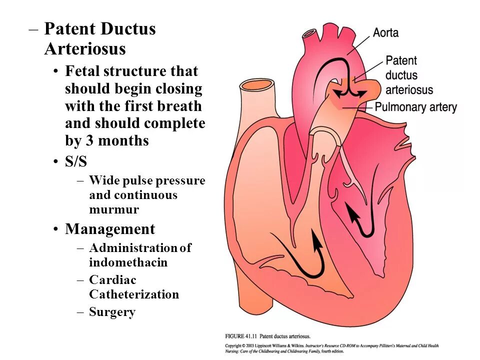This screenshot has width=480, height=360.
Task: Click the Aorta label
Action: click(x=386, y=33)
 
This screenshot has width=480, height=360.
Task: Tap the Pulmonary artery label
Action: click(x=415, y=107)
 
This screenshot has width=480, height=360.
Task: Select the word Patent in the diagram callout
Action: click(x=401, y=61)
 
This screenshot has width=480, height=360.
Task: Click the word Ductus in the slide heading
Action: click(x=128, y=29)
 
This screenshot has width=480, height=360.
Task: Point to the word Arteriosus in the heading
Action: click(x=85, y=49)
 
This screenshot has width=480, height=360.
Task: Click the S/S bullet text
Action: click(x=76, y=162)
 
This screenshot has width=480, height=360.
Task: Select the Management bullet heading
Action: click(x=110, y=229)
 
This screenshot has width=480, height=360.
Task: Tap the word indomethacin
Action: click(x=128, y=262)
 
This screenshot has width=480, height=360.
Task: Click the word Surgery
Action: click(x=112, y=312)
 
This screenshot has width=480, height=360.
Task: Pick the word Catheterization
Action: click(x=134, y=294)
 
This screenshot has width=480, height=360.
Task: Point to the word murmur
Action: click(x=114, y=209)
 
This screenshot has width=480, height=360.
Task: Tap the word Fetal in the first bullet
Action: click(x=83, y=71)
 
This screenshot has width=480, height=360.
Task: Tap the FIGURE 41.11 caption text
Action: click(x=267, y=336)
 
